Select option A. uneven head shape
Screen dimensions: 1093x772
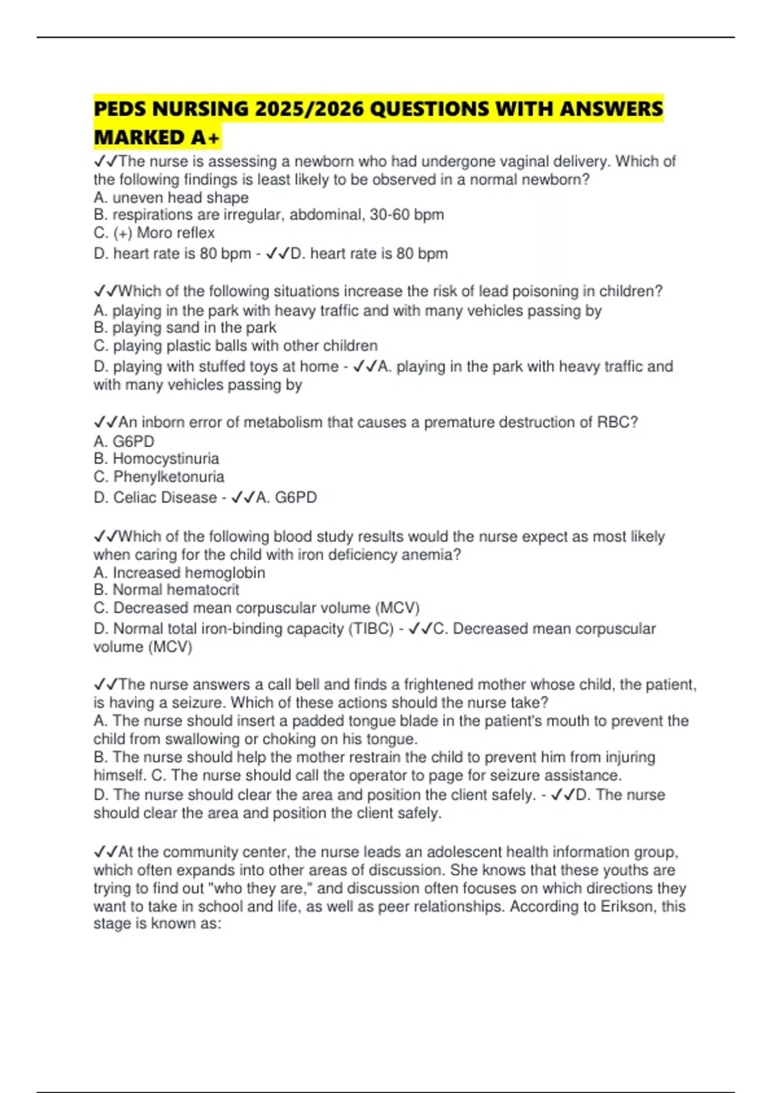(171, 197)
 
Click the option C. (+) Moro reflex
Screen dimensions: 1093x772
(154, 233)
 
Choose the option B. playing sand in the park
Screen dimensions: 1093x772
(185, 328)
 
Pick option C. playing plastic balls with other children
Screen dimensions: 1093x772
(235, 346)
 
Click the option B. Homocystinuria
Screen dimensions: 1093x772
(156, 458)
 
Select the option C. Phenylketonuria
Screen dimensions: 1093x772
(159, 477)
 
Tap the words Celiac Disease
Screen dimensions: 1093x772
(165, 498)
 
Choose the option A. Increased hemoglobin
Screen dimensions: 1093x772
(179, 572)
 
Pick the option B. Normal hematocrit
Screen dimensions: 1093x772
(166, 590)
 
